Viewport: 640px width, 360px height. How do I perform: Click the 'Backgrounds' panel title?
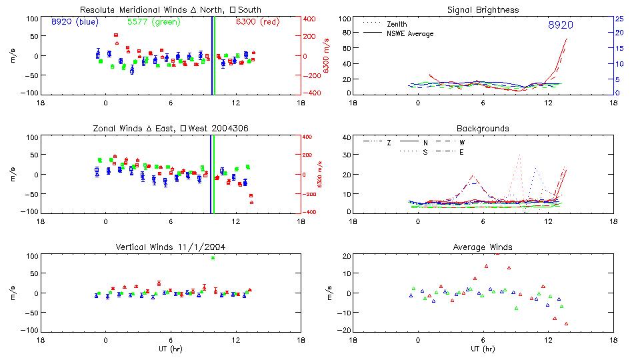click(x=483, y=128)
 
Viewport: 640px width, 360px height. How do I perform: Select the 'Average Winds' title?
click(x=483, y=247)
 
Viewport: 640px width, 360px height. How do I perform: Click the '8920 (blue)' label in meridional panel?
click(x=74, y=22)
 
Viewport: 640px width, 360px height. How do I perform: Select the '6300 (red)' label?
click(x=257, y=22)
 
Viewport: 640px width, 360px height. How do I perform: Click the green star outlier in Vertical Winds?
click(x=213, y=257)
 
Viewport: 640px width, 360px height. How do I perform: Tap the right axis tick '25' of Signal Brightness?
click(x=619, y=19)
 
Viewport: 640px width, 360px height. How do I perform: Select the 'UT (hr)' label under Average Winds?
click(x=483, y=349)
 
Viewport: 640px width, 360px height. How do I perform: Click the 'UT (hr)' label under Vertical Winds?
click(x=171, y=349)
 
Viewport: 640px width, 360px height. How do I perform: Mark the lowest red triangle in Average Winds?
click(x=567, y=323)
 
